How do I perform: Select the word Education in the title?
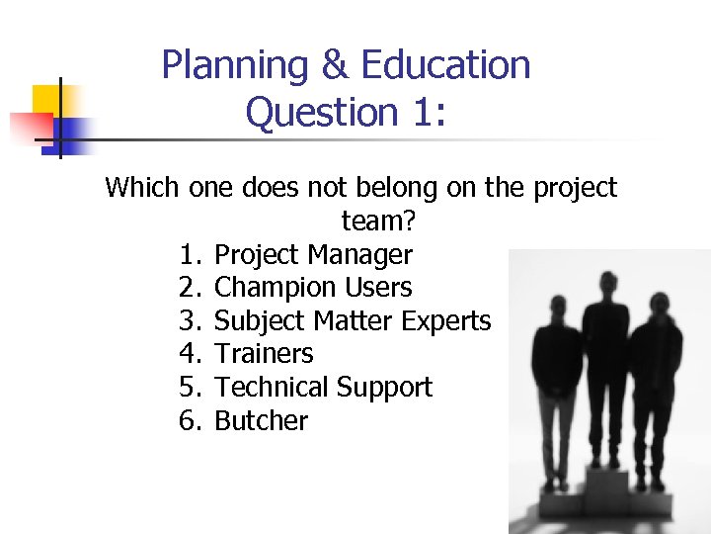pos(445,65)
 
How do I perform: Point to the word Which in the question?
pos(140,187)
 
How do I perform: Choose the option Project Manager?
pos(313,254)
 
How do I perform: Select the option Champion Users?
pos(313,288)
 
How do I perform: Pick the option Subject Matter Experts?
pos(353,321)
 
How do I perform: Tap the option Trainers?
pos(264,354)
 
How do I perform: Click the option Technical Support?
pos(323,388)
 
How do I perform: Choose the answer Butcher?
pos(261,421)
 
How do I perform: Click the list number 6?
pos(191,421)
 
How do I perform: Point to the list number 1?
pos(191,254)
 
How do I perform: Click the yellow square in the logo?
pos(48,100)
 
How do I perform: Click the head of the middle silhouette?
pos(605,282)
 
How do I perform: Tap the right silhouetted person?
pos(655,386)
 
